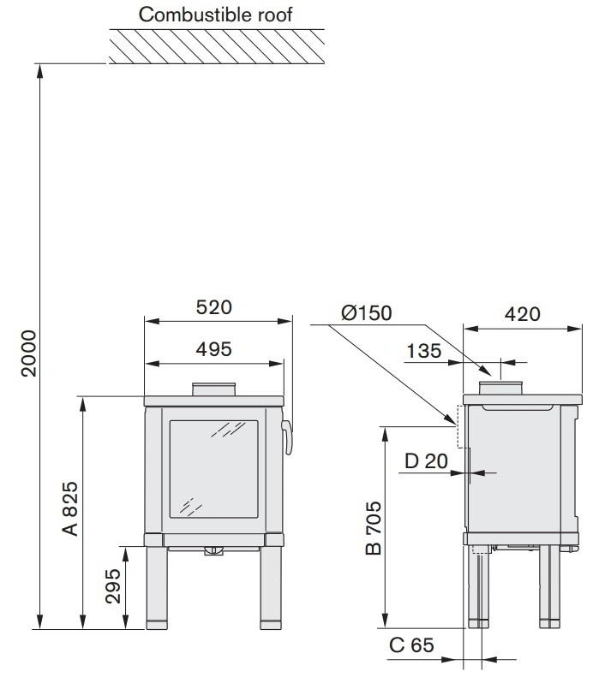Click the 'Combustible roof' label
click(215, 15)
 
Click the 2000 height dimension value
click(30, 353)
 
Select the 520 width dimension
click(213, 307)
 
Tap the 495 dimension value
click(213, 349)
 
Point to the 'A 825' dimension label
click(69, 508)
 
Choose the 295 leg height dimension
click(113, 586)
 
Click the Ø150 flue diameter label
click(367, 312)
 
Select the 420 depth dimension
click(522, 313)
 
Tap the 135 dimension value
click(423, 351)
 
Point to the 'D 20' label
click(426, 460)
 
